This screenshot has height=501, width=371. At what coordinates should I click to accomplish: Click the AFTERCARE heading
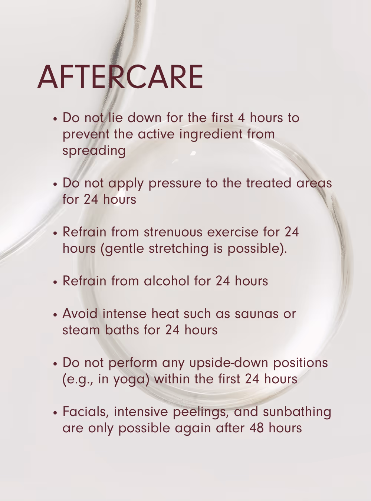pyautogui.click(x=120, y=77)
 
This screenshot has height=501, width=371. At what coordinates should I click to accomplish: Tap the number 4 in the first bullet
pyautogui.click(x=241, y=118)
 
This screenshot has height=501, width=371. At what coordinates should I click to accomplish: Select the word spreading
pyautogui.click(x=94, y=151)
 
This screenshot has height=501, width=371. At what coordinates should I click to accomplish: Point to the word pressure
pyautogui.click(x=175, y=183)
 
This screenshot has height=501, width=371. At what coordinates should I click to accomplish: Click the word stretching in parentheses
pyautogui.click(x=178, y=249)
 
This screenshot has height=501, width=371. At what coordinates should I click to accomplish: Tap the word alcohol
pyautogui.click(x=167, y=281)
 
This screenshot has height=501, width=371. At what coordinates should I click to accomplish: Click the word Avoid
pyautogui.click(x=80, y=314)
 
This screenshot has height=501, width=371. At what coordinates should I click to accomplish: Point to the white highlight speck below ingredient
pyautogui.click(x=193, y=153)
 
